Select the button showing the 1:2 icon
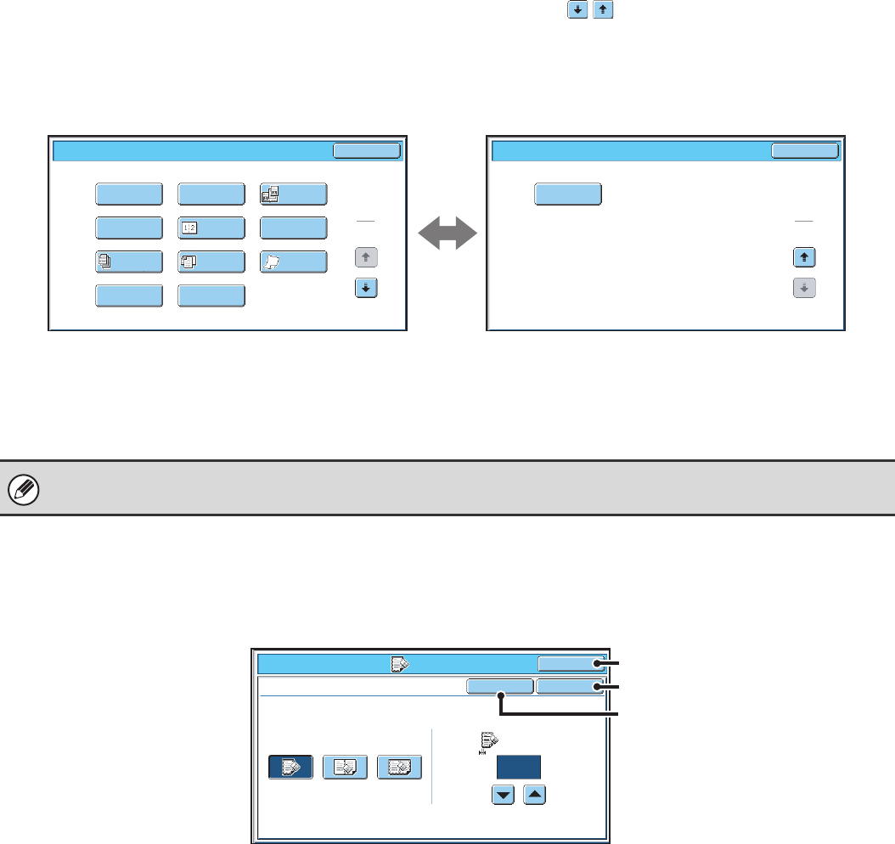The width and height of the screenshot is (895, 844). pyautogui.click(x=211, y=228)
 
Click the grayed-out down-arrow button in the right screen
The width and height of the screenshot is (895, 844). pyautogui.click(x=804, y=288)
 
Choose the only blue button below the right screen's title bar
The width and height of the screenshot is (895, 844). pyautogui.click(x=568, y=194)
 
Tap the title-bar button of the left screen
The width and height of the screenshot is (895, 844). pyautogui.click(x=366, y=151)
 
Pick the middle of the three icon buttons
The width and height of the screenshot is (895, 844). pyautogui.click(x=345, y=767)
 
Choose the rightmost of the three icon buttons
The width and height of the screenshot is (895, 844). pyautogui.click(x=399, y=767)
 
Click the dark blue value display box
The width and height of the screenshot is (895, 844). pyautogui.click(x=520, y=767)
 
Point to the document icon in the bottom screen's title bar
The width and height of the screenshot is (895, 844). pyautogui.click(x=399, y=665)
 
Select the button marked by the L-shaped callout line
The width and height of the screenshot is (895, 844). pyautogui.click(x=500, y=686)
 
